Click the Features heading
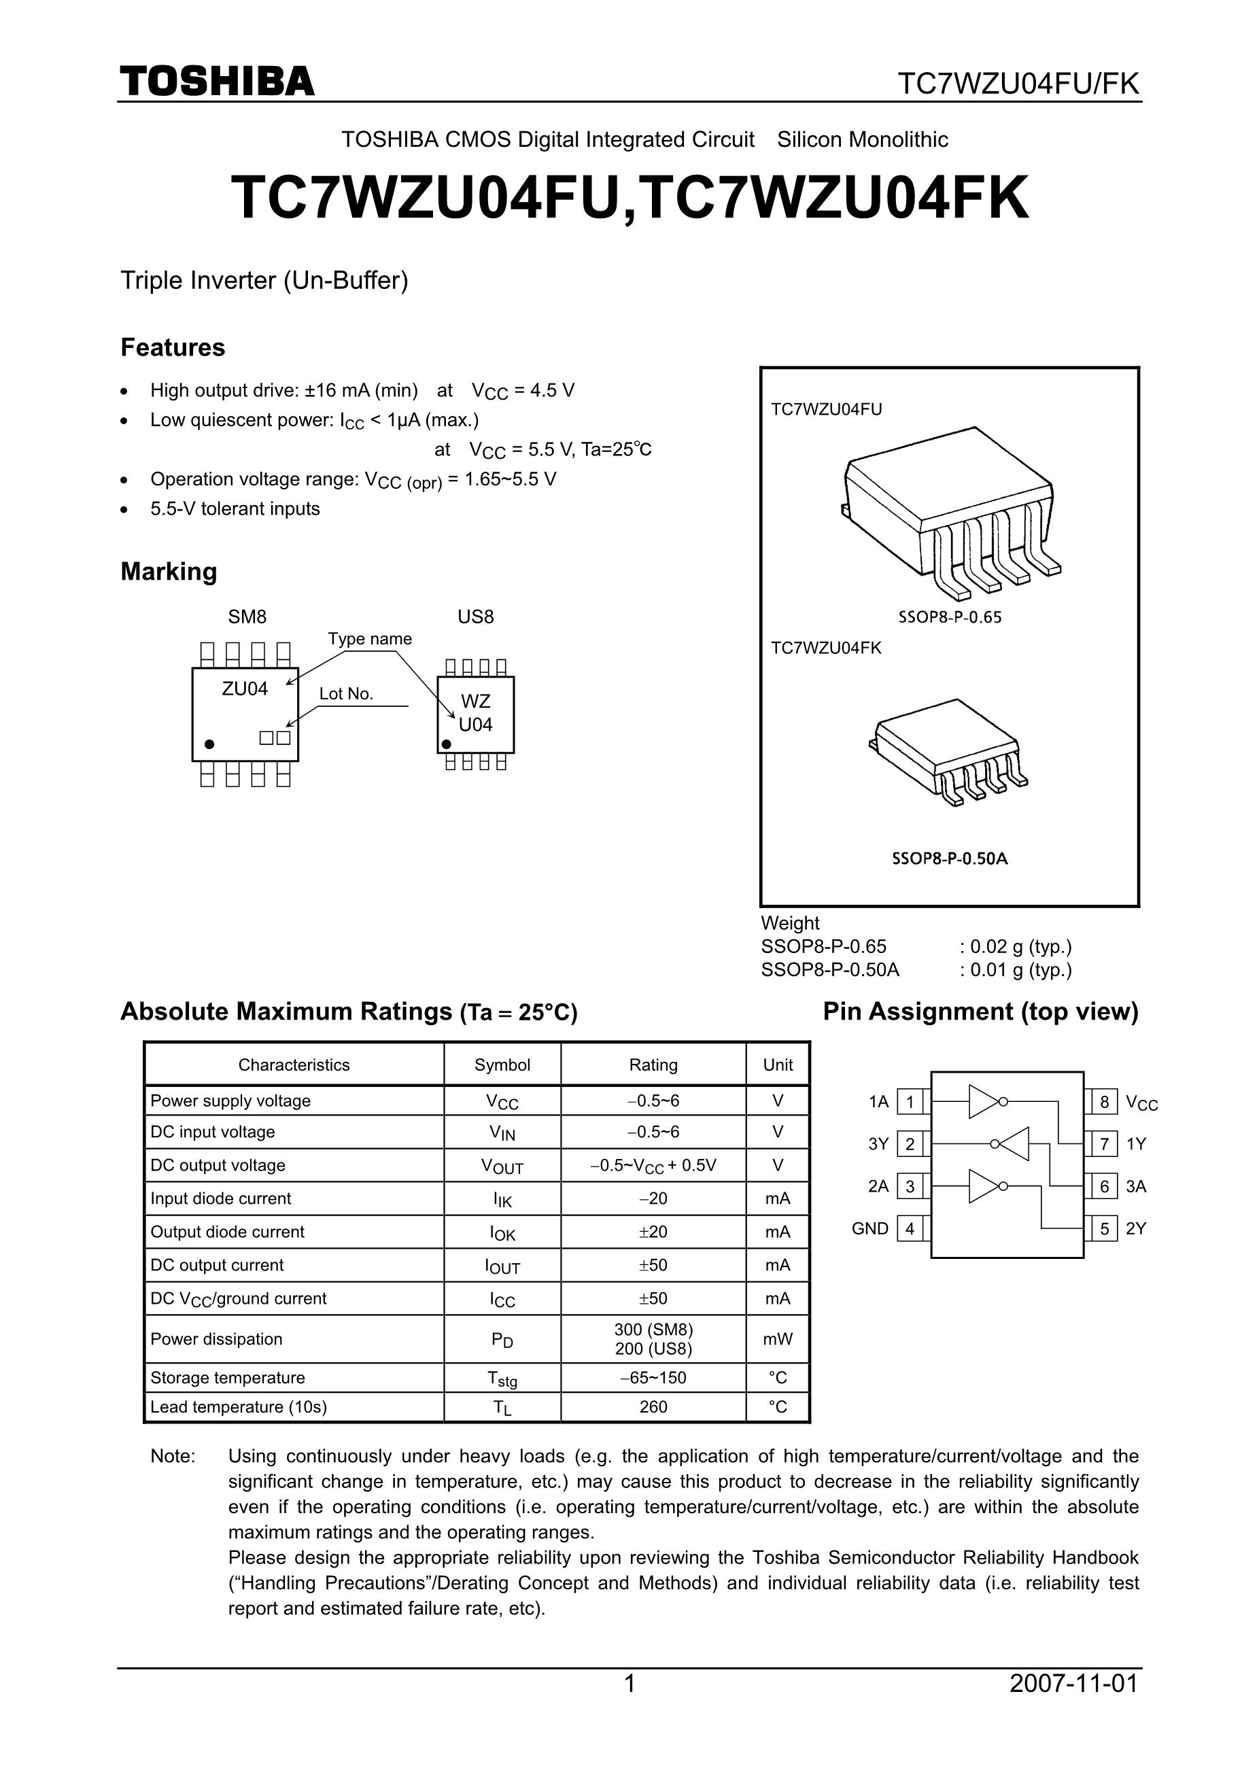[172, 347]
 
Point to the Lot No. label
[346, 693]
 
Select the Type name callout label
[369, 638]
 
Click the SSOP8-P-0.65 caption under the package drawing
[950, 617]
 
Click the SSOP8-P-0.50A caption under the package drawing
[950, 859]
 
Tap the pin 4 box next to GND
[910, 1229]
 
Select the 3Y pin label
[878, 1144]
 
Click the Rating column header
[653, 1065]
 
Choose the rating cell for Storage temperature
[653, 1378]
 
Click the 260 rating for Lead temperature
[653, 1406]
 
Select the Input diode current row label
[220, 1198]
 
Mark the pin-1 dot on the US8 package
[446, 744]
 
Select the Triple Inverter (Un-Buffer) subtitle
[264, 280]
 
